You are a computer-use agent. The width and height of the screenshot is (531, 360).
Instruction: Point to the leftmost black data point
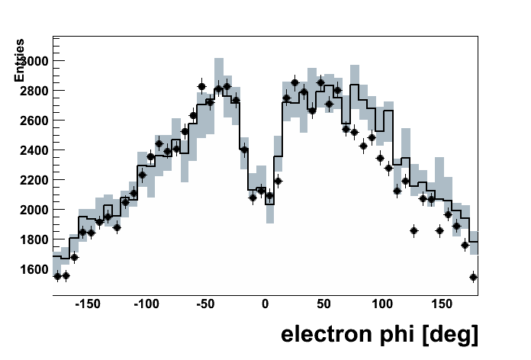[57, 276]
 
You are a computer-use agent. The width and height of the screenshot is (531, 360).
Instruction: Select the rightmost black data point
[473, 277]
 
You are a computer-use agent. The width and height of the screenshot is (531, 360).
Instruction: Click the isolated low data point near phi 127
[414, 230]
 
